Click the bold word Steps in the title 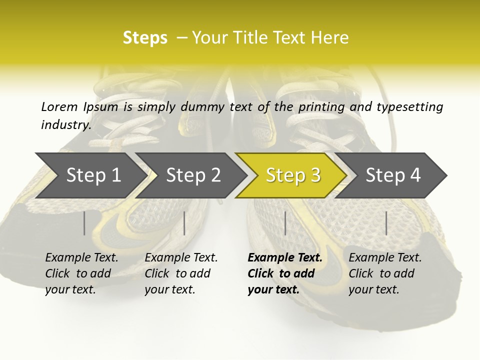145,38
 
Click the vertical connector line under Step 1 84,223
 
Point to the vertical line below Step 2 184,223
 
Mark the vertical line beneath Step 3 285,223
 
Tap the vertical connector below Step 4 386,223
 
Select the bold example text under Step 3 284,273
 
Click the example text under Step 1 81,273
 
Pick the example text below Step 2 181,273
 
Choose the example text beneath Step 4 385,273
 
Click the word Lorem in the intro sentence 59,106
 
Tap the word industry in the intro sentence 65,125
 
